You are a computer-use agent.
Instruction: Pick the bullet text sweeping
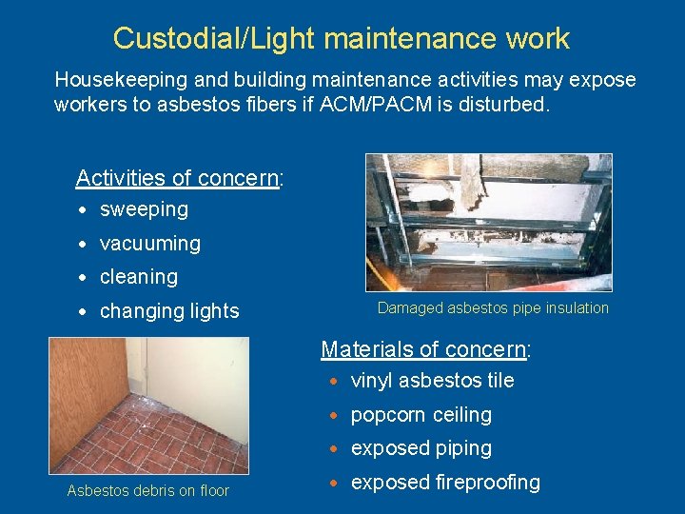[x=144, y=209]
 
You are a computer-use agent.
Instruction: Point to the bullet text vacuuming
[x=149, y=244]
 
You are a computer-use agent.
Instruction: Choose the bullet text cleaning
[x=139, y=277]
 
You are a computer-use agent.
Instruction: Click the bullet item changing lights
[x=169, y=311]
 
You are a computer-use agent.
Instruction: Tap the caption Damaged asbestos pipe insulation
[x=493, y=307]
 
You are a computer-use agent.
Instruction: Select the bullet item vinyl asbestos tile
[x=432, y=381]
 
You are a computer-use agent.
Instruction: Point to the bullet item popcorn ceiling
[x=421, y=415]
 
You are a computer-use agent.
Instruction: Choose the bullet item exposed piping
[x=421, y=448]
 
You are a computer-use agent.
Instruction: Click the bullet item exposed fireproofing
[x=445, y=483]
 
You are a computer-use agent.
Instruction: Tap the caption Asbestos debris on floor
[x=147, y=491]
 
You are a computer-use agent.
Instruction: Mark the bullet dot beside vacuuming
[x=85, y=245]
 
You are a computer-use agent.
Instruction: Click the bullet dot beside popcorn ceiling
[x=336, y=416]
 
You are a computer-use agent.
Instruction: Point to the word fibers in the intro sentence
[x=292, y=104]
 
